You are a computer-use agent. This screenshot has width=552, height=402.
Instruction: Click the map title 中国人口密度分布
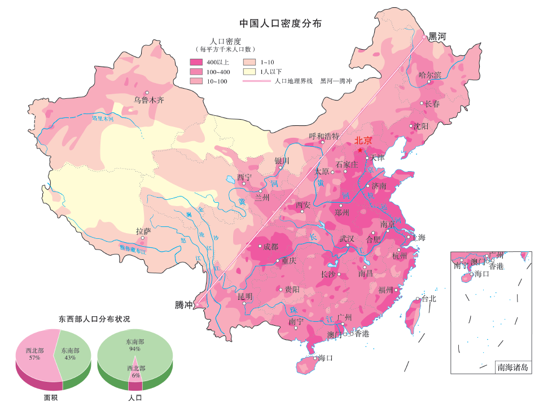click(281, 24)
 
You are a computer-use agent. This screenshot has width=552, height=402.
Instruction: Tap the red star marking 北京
click(360, 150)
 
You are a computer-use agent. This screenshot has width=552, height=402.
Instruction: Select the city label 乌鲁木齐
click(148, 100)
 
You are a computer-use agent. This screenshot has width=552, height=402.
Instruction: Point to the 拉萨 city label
click(143, 231)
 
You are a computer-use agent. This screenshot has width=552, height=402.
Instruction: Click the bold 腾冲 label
click(184, 305)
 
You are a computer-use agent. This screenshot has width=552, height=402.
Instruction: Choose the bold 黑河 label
click(437, 37)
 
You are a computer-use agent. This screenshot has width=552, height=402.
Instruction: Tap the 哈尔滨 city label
click(430, 75)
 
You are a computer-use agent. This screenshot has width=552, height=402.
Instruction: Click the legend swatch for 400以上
click(196, 62)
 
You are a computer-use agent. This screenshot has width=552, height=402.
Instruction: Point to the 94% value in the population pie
click(134, 349)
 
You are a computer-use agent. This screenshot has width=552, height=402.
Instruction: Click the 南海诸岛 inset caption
click(512, 367)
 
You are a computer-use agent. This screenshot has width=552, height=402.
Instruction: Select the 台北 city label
click(428, 299)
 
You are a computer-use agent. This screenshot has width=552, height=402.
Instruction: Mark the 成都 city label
click(270, 247)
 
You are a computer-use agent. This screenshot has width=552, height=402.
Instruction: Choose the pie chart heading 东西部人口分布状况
click(94, 319)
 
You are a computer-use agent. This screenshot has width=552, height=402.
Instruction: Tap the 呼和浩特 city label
click(324, 136)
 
